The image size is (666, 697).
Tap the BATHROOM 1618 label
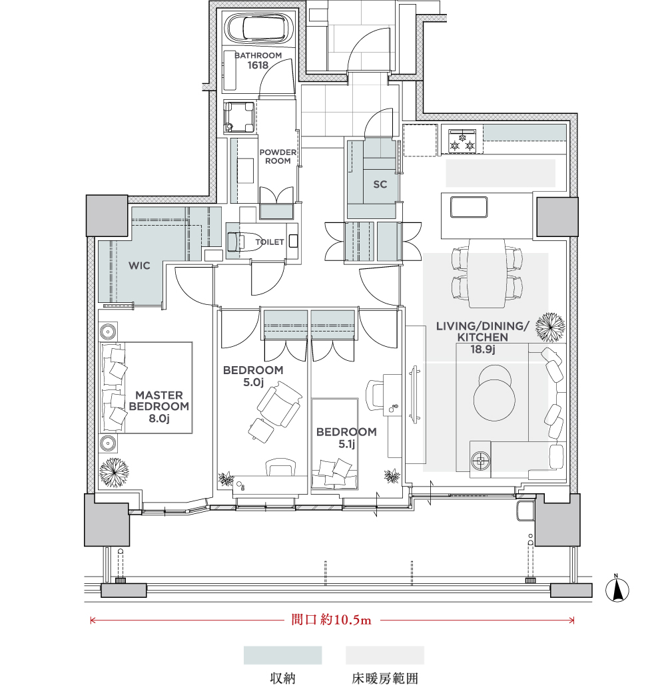[258, 60]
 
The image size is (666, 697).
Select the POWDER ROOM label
[278, 156]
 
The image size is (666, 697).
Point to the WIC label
[139, 266]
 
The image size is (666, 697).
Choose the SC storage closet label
[380, 184]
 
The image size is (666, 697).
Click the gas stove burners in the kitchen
[462, 141]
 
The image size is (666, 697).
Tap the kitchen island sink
[469, 207]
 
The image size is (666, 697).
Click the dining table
[487, 273]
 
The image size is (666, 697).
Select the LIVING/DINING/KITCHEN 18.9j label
[483, 338]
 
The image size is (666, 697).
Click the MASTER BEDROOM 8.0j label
[159, 406]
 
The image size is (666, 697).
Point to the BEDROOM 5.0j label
[253, 376]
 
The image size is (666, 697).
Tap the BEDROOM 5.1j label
[346, 438]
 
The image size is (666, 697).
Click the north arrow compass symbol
[617, 590]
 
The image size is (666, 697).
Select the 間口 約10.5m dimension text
[331, 620]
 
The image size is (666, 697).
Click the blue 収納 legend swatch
[283, 655]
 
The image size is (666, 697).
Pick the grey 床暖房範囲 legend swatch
[385, 655]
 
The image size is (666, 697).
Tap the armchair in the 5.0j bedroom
[279, 405]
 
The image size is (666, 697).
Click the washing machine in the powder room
[239, 117]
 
